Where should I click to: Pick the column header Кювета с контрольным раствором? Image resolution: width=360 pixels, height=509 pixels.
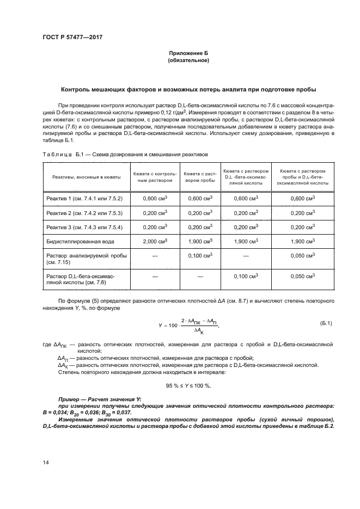(155, 177)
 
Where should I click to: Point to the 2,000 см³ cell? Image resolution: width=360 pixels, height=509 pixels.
(155, 241)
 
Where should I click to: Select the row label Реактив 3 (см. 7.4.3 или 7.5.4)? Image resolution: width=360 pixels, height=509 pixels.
(83, 226)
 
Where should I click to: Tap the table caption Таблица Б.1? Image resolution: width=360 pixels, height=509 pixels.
(61, 155)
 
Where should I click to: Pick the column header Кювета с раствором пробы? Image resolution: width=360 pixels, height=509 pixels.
(200, 177)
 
